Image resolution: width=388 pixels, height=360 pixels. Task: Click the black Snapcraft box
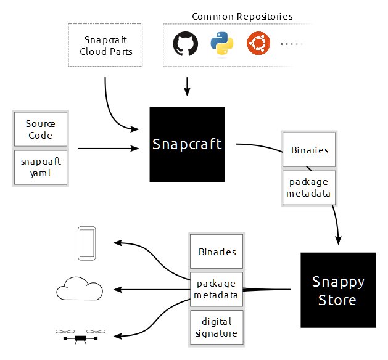click(187, 144)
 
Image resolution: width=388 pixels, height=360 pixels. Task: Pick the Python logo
click(220, 44)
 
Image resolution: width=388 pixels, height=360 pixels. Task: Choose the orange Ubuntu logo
click(257, 44)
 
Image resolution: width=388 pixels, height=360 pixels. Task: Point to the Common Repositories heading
click(242, 16)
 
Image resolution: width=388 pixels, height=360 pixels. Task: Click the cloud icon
click(78, 288)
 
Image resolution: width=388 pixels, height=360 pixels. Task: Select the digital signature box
click(217, 327)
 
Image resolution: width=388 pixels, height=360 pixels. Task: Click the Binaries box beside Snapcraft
click(308, 150)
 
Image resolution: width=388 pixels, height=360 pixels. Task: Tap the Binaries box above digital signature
click(217, 252)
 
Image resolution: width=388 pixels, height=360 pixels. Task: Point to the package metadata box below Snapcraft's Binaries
click(308, 187)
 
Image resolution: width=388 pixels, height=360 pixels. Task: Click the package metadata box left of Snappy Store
click(217, 289)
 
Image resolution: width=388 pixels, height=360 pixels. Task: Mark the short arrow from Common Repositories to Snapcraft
click(187, 87)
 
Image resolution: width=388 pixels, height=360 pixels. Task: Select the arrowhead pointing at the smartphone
click(116, 243)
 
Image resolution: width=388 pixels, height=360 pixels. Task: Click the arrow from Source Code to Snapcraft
click(108, 149)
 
